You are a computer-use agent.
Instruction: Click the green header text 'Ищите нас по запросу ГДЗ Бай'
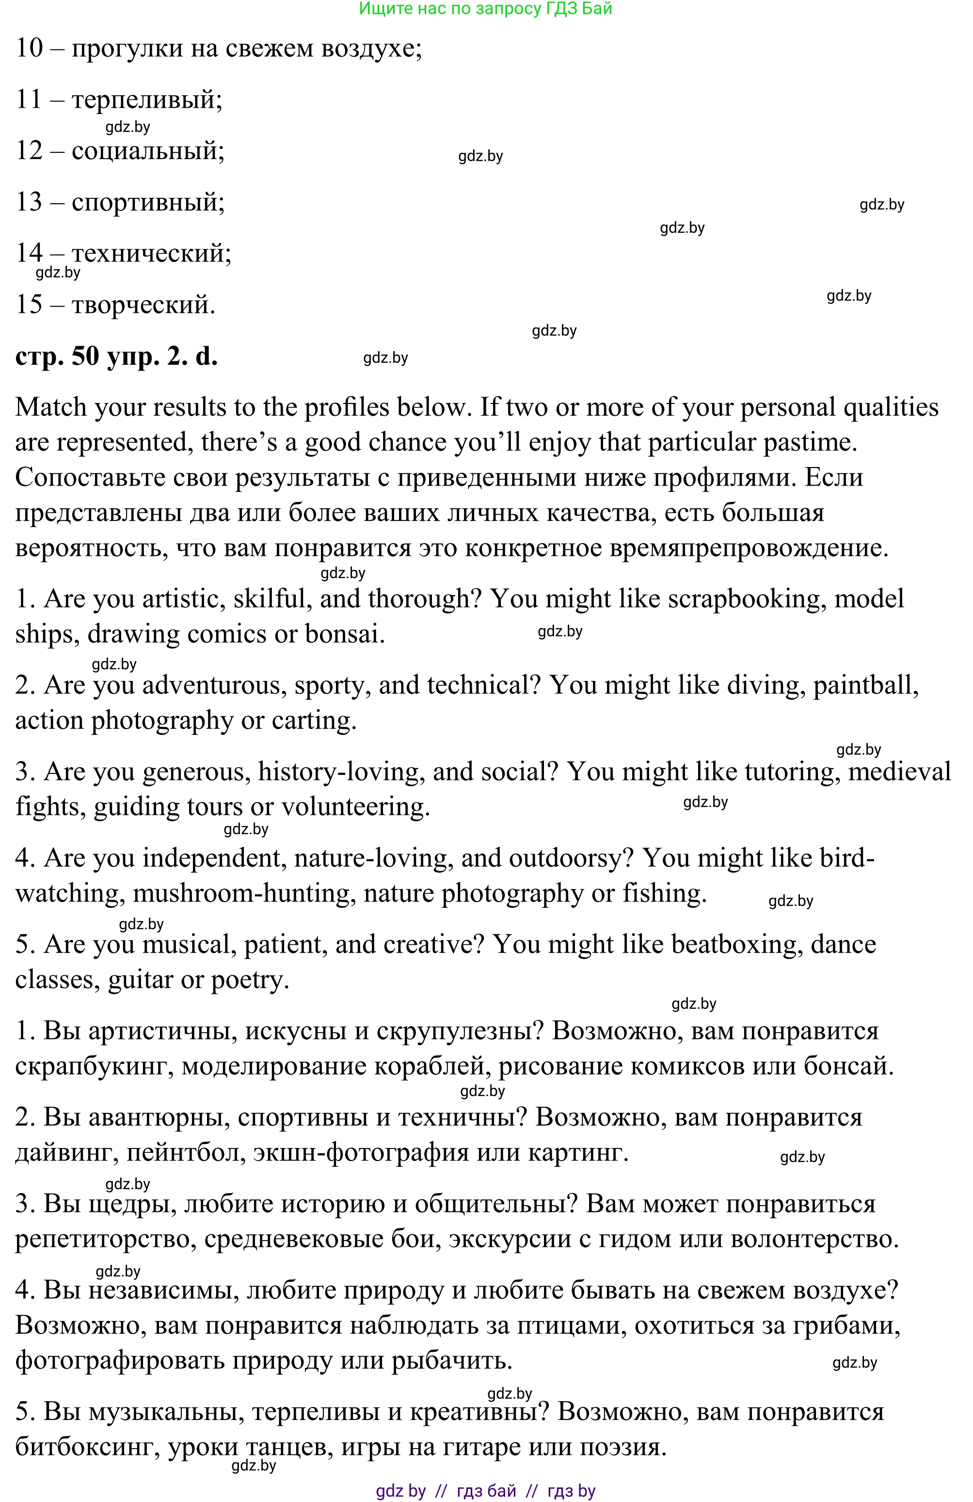pyautogui.click(x=485, y=9)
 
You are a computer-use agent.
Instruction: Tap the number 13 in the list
pyautogui.click(x=29, y=202)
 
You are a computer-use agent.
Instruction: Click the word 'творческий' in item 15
pyautogui.click(x=143, y=305)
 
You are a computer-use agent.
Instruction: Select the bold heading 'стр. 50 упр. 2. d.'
pyautogui.click(x=116, y=357)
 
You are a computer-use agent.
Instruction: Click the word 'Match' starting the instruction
pyautogui.click(x=51, y=408)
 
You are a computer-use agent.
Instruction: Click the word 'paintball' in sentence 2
pyautogui.click(x=864, y=685)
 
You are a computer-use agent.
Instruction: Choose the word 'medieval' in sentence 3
pyautogui.click(x=898, y=772)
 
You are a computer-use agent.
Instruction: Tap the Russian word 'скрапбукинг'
pyautogui.click(x=95, y=1066)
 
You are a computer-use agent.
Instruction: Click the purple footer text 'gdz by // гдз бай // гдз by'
pyautogui.click(x=485, y=1491)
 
